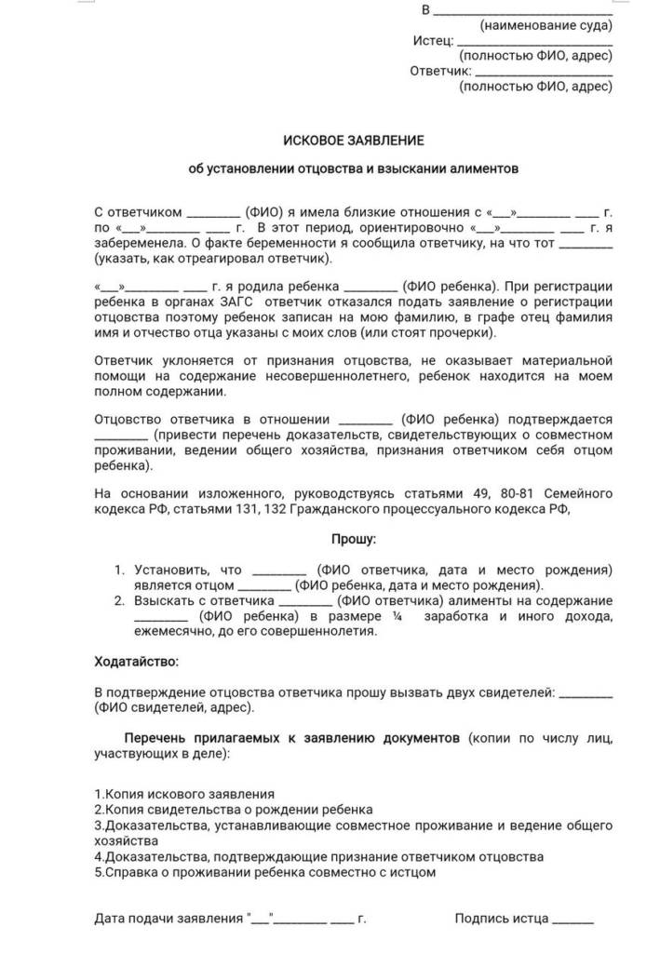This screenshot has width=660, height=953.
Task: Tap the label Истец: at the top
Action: tap(433, 41)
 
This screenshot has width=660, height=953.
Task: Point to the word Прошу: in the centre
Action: tap(353, 539)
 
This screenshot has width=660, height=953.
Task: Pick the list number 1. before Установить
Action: tap(119, 570)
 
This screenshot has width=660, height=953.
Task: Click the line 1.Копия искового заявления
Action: tap(184, 794)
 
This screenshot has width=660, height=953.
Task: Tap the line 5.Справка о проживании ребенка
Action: tap(265, 872)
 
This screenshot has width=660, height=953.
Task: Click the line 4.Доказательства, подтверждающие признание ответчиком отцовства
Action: tap(318, 856)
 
